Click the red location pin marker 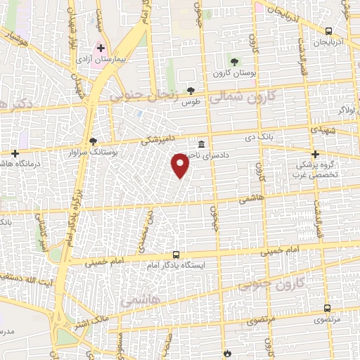click(181, 165)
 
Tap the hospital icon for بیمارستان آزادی click(101, 49)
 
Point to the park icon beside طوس click(191, 90)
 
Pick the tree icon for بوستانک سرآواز click(93, 141)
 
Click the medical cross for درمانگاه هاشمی click(14, 153)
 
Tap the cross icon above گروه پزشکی click(315, 154)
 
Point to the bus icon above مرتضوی click(328, 307)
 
